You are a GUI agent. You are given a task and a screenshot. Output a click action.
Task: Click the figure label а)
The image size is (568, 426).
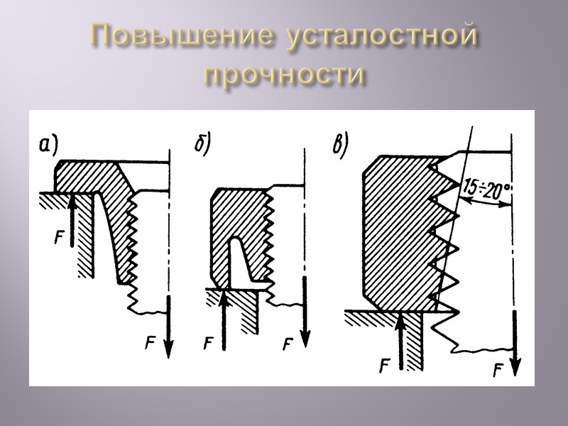pyautogui.click(x=48, y=146)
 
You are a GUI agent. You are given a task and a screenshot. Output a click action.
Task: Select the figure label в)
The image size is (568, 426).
pyautogui.click(x=341, y=145)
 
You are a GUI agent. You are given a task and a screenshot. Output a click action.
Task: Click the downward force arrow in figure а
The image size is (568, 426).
pyautogui.click(x=169, y=327)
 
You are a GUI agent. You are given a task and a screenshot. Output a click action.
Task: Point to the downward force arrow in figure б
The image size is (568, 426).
pyautogui.click(x=305, y=309)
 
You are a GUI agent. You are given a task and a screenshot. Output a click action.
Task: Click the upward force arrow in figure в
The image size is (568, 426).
pyautogui.click(x=401, y=341)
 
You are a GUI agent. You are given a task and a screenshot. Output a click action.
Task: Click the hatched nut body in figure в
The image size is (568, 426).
pyautogui.click(x=398, y=234)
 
